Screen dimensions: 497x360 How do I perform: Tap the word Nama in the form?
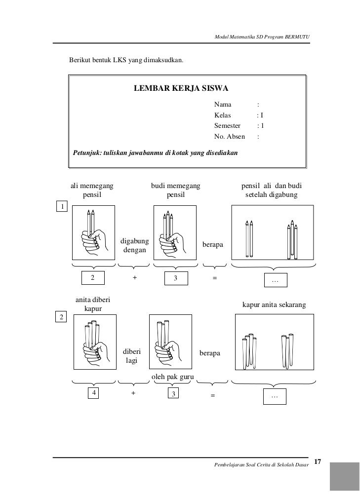tap(222, 105)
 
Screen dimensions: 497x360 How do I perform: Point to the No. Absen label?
tap(229, 136)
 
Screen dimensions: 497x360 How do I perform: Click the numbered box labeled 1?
tap(61, 206)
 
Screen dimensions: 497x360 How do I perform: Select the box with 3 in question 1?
tap(175, 279)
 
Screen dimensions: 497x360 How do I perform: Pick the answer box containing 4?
tap(93, 393)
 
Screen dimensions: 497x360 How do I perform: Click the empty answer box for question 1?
tap(275, 280)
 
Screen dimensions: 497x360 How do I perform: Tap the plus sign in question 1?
tap(134, 278)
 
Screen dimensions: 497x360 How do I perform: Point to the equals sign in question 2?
tap(213, 395)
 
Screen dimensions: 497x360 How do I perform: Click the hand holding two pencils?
tap(93, 232)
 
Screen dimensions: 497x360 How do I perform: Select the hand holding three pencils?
tap(172, 232)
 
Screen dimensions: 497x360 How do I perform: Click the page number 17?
tap(318, 461)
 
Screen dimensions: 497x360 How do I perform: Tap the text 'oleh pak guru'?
tap(172, 378)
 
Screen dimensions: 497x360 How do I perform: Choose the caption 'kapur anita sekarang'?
tap(274, 306)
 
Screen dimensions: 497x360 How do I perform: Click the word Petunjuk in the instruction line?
tap(86, 153)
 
